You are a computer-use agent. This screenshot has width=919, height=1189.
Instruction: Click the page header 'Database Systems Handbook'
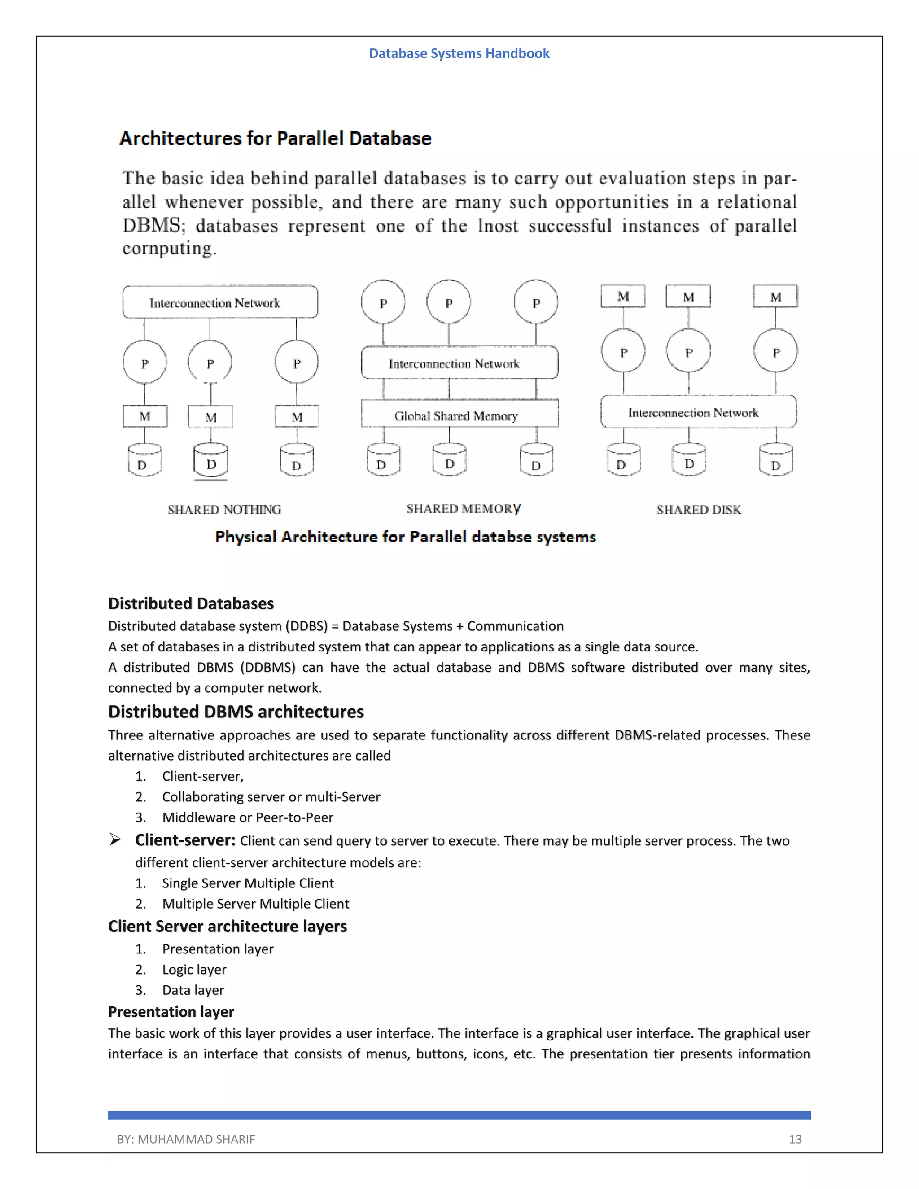(x=459, y=53)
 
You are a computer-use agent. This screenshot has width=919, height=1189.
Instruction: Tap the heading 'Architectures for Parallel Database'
(x=275, y=138)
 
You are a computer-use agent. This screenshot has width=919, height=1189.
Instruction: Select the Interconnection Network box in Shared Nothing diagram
(x=220, y=302)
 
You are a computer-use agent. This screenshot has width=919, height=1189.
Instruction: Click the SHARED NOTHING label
(x=224, y=510)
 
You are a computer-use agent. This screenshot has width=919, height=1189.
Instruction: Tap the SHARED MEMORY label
(x=463, y=508)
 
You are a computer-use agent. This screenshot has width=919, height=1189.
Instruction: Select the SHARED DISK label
(x=699, y=510)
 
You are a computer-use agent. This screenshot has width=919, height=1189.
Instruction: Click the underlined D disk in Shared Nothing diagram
(x=211, y=462)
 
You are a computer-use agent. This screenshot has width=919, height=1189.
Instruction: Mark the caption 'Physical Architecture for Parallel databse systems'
(x=405, y=537)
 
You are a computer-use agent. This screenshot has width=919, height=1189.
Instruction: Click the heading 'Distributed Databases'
(x=191, y=603)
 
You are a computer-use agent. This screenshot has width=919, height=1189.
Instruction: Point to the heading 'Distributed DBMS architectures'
(x=236, y=712)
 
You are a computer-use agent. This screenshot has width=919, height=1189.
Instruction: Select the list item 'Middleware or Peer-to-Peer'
(x=247, y=817)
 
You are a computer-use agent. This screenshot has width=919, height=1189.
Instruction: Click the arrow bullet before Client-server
(x=115, y=839)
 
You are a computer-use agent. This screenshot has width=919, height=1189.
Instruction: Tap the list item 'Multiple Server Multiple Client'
(x=255, y=904)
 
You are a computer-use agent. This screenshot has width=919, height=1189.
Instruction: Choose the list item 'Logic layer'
(x=194, y=970)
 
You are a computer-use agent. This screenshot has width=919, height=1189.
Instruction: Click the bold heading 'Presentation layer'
(x=171, y=1011)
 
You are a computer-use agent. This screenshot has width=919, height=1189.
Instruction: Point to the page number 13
(x=795, y=1139)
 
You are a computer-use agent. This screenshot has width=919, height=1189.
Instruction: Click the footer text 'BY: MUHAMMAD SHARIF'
(x=186, y=1139)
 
